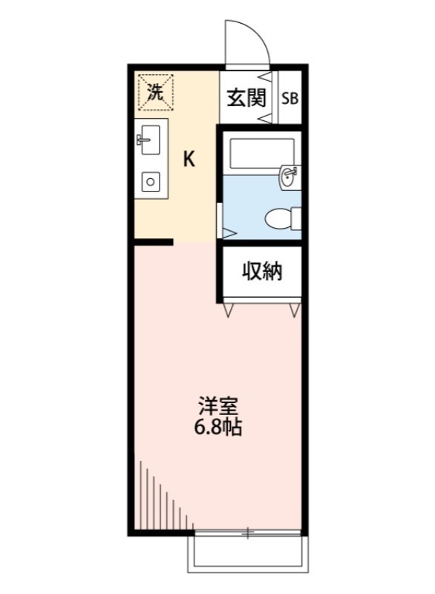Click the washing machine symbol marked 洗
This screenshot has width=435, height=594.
click(x=154, y=92)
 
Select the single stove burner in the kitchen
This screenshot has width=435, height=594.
click(x=151, y=180)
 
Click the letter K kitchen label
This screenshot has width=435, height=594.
click(x=190, y=159)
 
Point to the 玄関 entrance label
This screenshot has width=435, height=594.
click(x=246, y=97)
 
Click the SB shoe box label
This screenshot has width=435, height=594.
click(x=289, y=98)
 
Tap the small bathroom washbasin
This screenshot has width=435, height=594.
click(x=289, y=177)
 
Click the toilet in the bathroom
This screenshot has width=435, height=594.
click(x=283, y=218)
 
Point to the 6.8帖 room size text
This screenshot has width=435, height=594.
click(x=218, y=428)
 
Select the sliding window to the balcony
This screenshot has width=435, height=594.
click(x=247, y=532)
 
